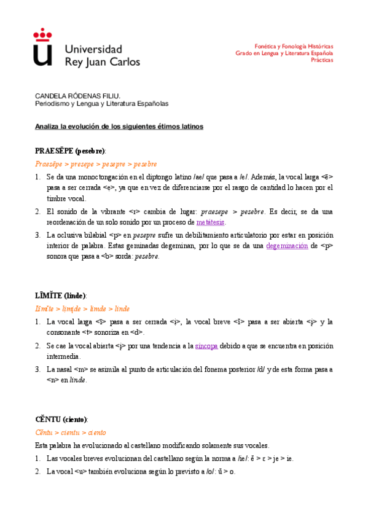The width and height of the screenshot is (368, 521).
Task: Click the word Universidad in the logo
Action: [x=93, y=49]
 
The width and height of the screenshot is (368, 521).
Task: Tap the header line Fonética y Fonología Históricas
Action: [x=294, y=46]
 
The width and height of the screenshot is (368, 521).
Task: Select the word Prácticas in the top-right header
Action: [x=322, y=60]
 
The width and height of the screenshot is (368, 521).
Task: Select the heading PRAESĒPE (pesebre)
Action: [x=70, y=151]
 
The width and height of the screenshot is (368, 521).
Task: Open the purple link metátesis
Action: [x=211, y=222]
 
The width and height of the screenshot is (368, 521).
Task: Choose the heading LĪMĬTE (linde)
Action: [x=61, y=296]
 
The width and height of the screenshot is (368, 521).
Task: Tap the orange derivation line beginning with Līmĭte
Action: [x=82, y=309]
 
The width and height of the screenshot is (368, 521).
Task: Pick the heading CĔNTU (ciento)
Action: [x=61, y=419]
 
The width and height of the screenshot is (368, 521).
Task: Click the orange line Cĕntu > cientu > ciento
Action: [x=71, y=433]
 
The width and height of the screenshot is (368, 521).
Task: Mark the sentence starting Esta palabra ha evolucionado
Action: [x=152, y=445]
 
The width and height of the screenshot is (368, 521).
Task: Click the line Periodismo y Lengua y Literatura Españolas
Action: [x=101, y=104]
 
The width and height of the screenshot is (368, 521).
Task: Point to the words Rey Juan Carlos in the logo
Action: [x=103, y=61]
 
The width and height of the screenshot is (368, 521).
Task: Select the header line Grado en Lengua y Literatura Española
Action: [x=284, y=53]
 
